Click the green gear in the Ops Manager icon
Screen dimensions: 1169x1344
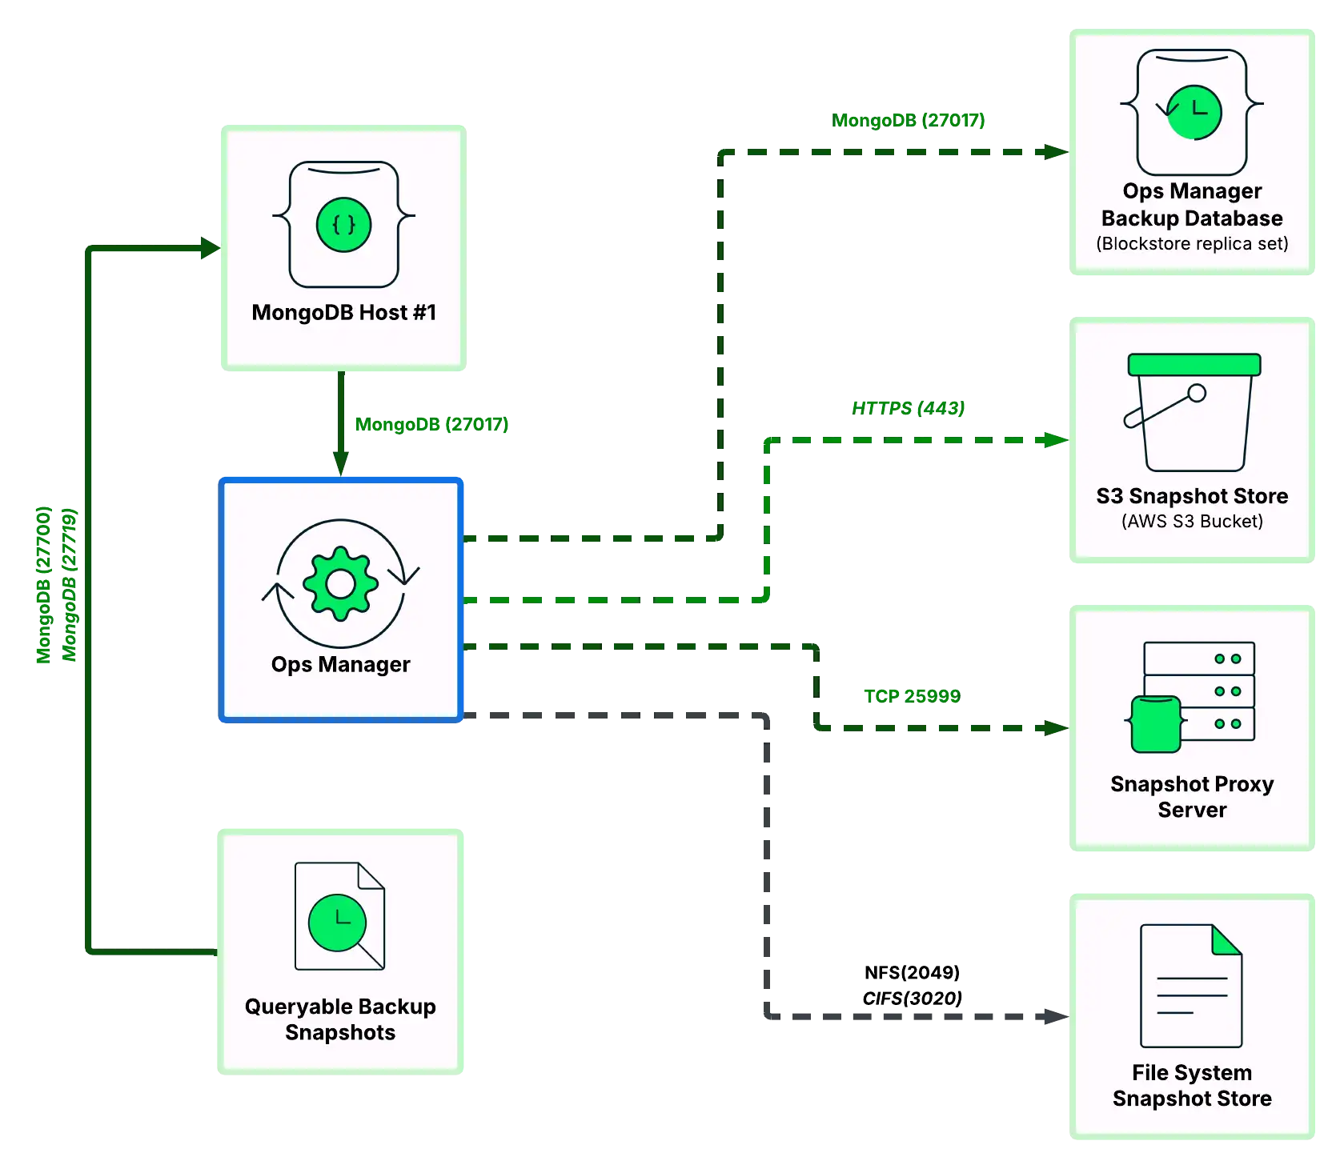click(341, 583)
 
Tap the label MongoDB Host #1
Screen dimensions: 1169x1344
click(343, 312)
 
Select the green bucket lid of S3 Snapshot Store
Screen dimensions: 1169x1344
click(1194, 365)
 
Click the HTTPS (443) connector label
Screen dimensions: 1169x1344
click(909, 407)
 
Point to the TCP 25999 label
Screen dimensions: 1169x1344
click(910, 695)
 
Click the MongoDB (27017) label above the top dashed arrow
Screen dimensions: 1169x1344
click(908, 120)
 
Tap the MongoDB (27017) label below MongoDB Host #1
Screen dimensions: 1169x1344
click(431, 425)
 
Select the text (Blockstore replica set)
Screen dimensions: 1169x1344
click(1192, 243)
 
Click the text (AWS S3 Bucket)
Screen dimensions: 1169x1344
click(1192, 521)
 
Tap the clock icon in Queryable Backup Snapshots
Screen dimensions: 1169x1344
click(337, 923)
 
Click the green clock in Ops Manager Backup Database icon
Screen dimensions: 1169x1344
click(1194, 112)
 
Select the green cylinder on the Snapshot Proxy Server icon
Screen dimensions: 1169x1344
click(1156, 723)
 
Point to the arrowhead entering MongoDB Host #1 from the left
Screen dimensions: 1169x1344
click(208, 248)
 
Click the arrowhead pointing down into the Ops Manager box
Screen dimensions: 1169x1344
click(340, 462)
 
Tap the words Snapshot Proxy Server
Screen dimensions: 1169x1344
click(1192, 796)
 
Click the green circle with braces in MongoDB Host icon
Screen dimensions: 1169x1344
click(343, 225)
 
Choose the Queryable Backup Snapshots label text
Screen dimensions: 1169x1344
click(340, 1019)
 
